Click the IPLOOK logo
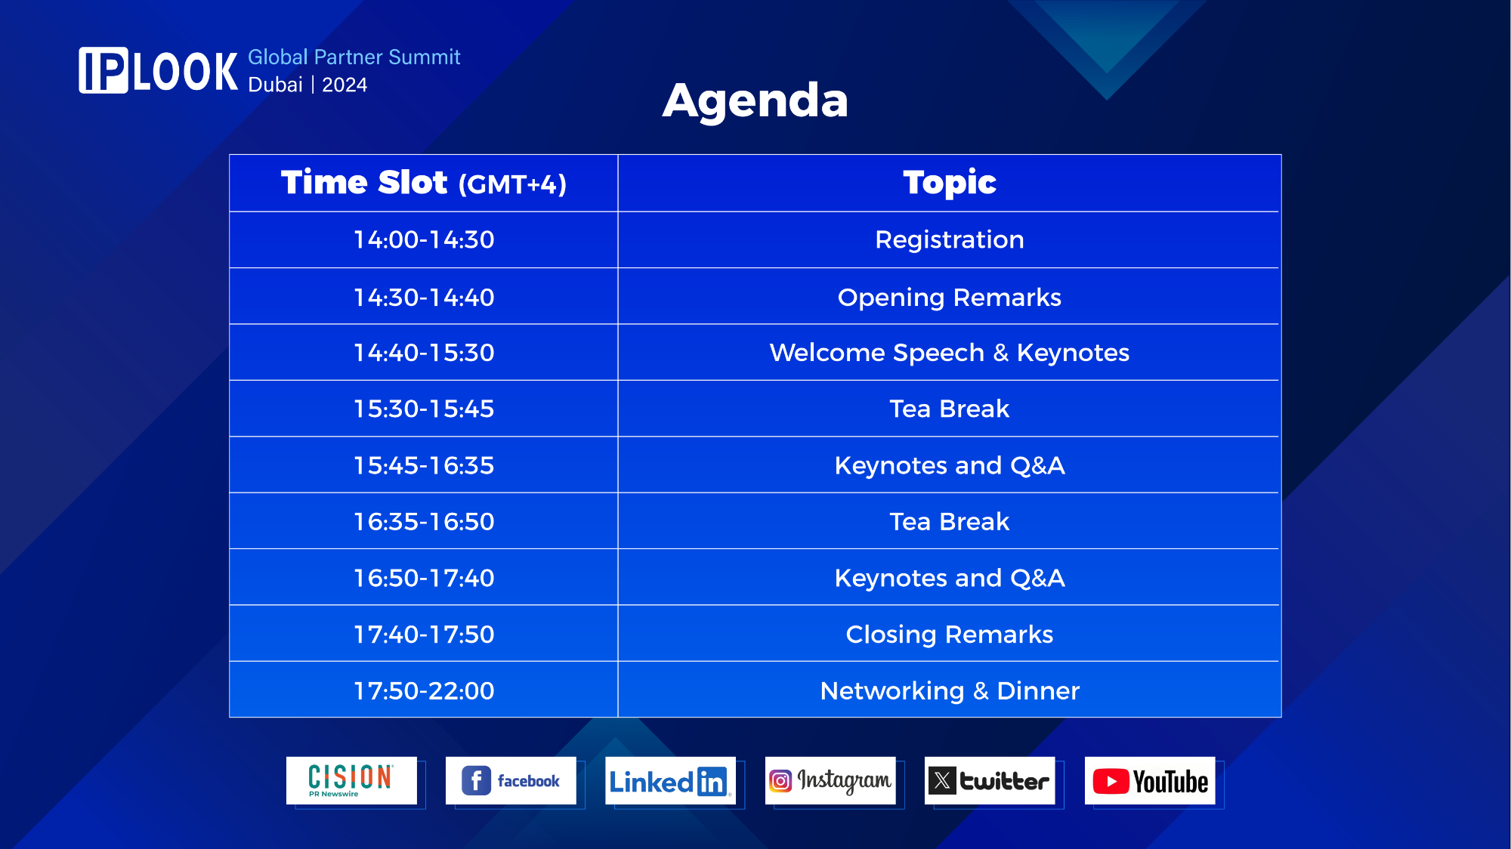[x=159, y=71]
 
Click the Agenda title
[x=755, y=100]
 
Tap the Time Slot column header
[x=424, y=183]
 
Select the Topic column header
[x=950, y=182]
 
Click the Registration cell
[x=950, y=239]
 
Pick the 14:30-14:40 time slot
[x=424, y=297]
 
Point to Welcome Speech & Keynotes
[x=950, y=353]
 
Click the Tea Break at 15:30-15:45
[x=950, y=409]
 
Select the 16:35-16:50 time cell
[x=424, y=521]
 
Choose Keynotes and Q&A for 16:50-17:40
[x=950, y=578]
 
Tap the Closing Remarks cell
[x=950, y=634]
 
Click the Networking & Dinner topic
[x=950, y=690]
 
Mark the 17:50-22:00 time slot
[x=424, y=690]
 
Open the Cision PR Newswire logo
[x=351, y=780]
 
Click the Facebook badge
[x=511, y=780]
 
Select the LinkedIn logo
[x=670, y=780]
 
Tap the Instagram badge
[x=830, y=780]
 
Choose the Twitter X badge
[x=990, y=780]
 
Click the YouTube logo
[x=1150, y=780]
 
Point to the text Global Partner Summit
[x=354, y=57]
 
